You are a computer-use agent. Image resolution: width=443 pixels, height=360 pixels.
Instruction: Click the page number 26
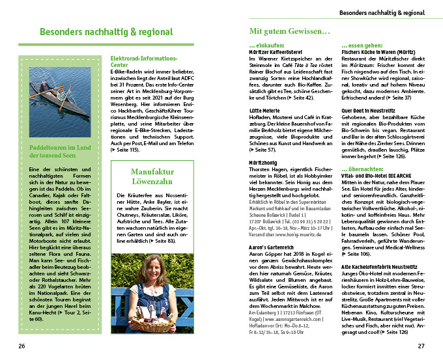(x=21, y=346)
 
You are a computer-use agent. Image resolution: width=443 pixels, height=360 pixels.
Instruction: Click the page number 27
(x=421, y=346)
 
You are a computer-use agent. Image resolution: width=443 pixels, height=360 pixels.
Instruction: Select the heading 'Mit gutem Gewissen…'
(x=289, y=31)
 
